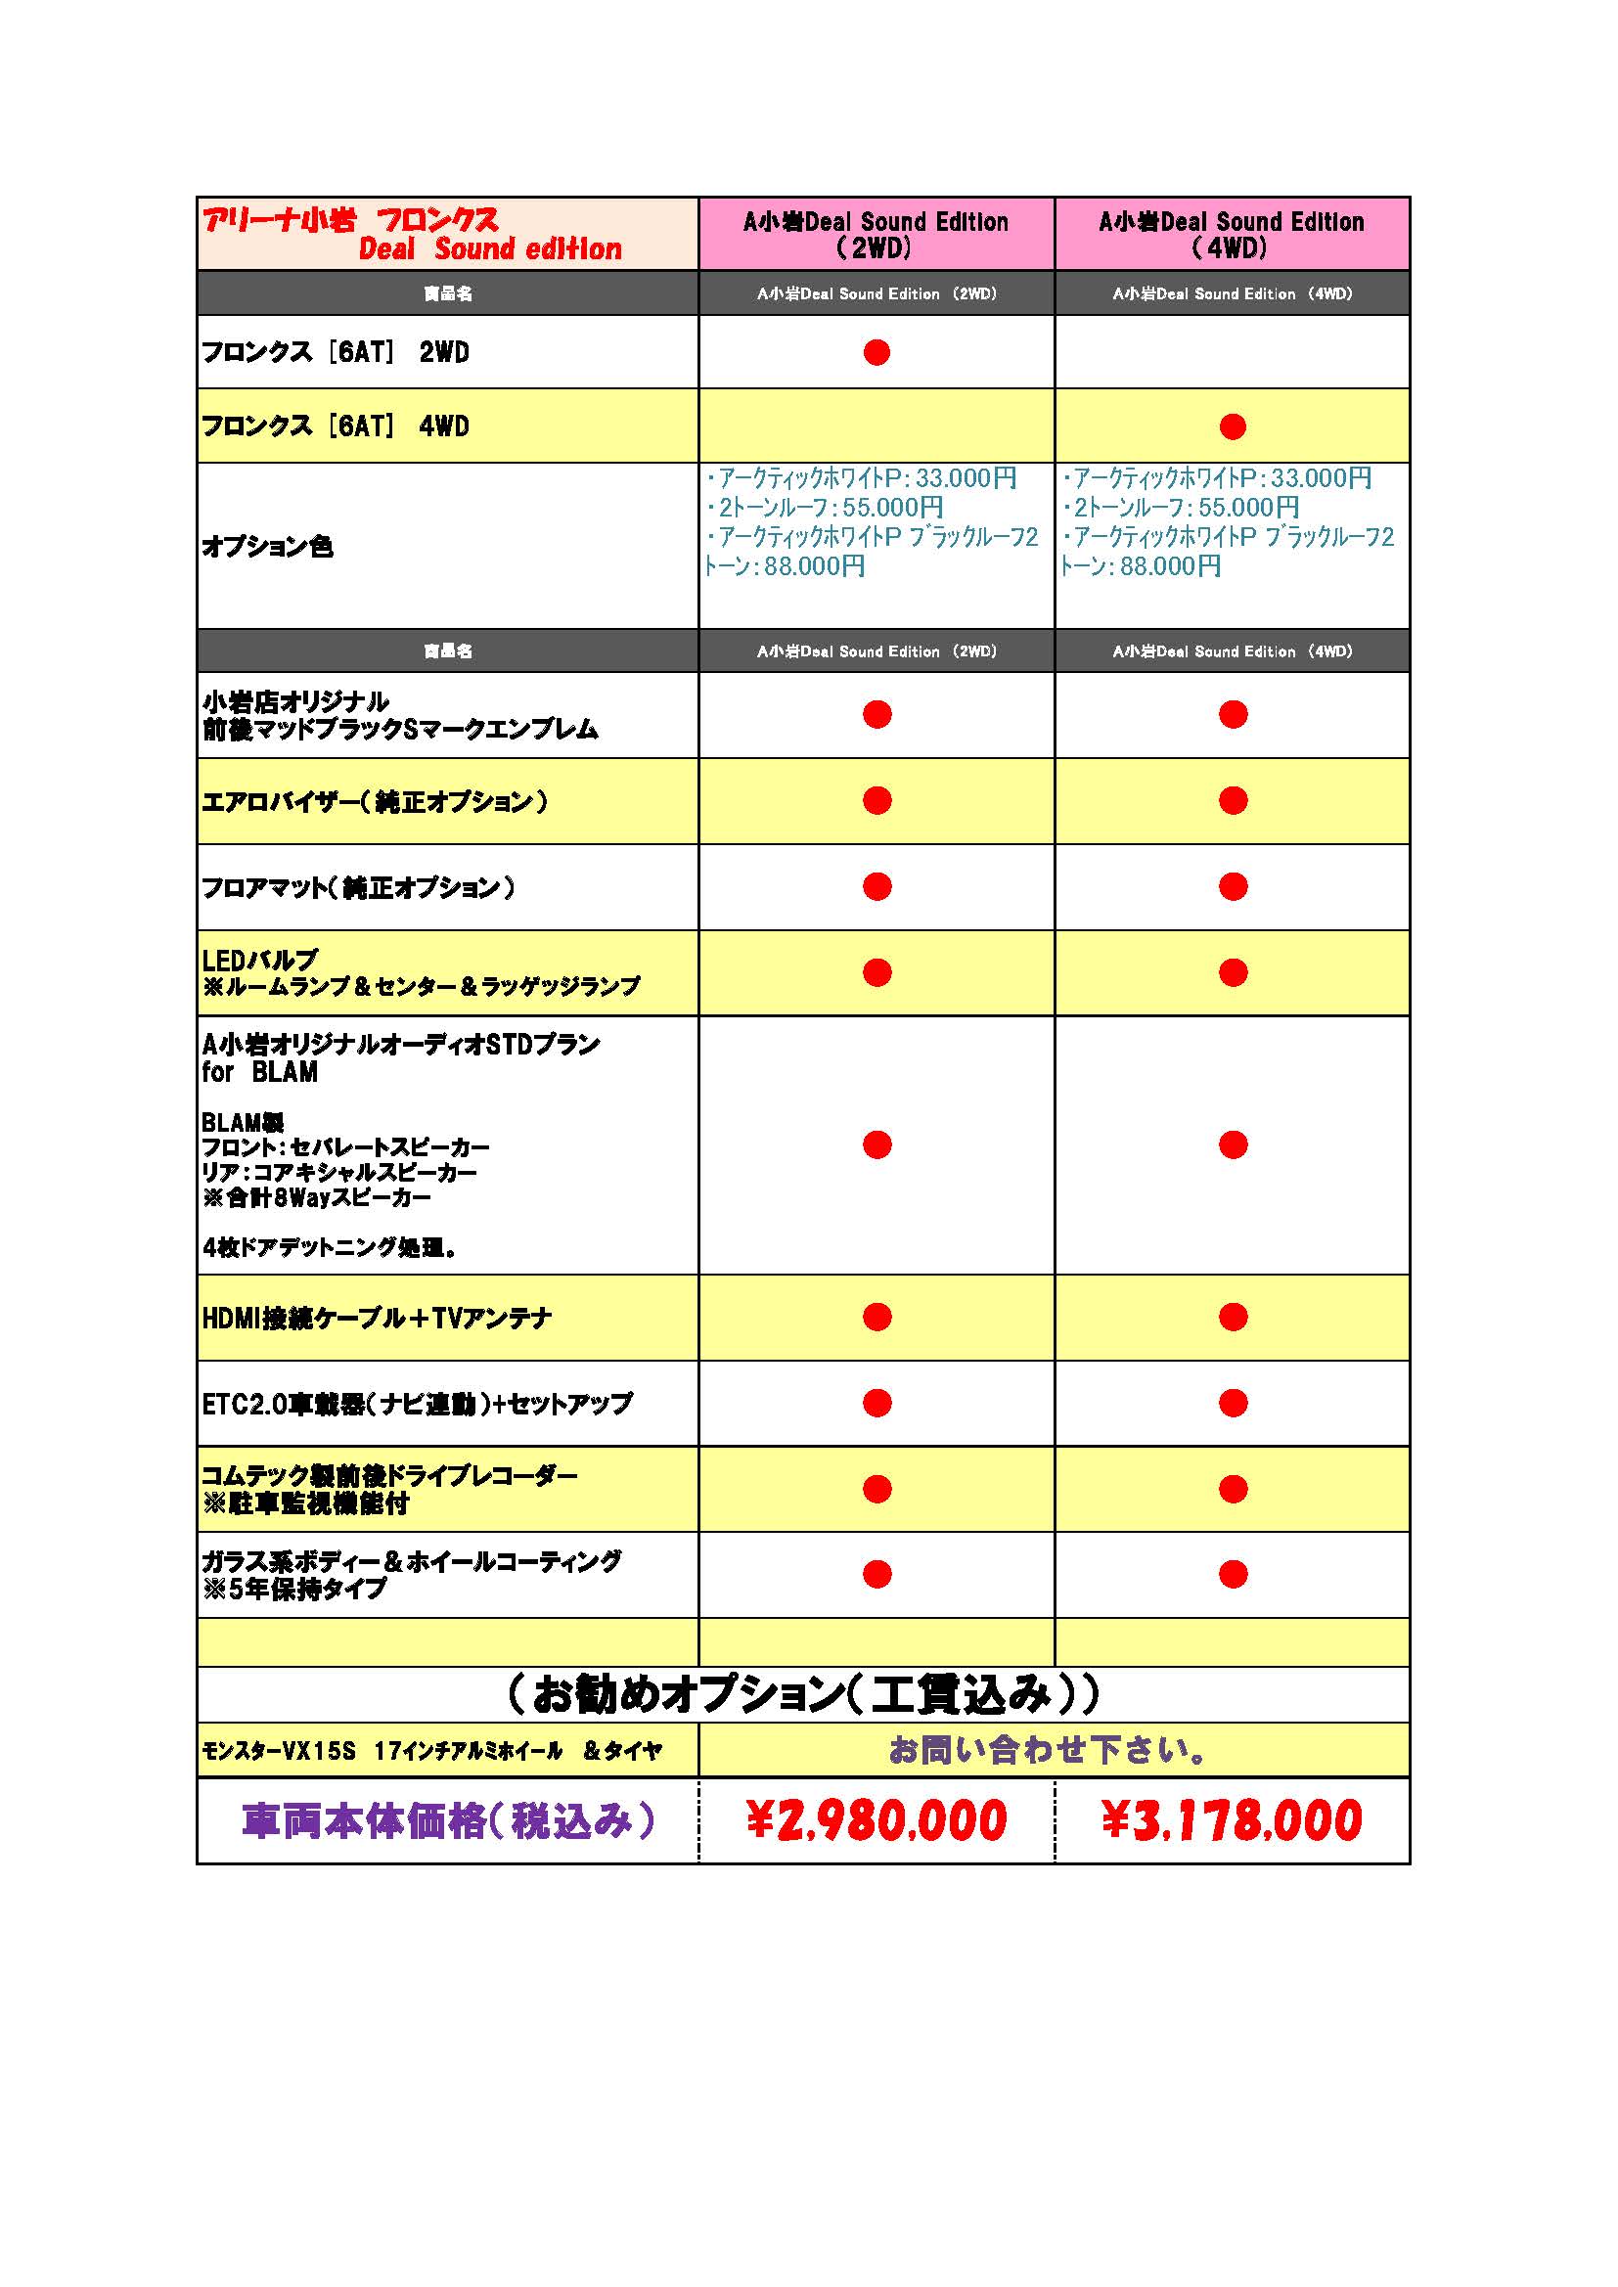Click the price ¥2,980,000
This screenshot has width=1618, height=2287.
(876, 1819)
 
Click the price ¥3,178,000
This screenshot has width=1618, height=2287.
(1232, 1819)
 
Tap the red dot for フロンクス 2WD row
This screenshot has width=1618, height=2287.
(876, 352)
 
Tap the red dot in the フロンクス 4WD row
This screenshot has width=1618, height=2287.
(1233, 426)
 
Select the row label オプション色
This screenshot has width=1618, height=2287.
(267, 546)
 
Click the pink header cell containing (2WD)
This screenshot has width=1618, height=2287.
(876, 234)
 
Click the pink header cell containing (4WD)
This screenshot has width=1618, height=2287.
(1232, 234)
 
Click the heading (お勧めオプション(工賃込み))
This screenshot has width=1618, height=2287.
(803, 1693)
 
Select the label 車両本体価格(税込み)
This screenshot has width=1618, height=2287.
(448, 1819)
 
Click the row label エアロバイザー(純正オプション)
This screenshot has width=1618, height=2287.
(375, 802)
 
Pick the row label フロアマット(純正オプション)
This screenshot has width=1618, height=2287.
(359, 887)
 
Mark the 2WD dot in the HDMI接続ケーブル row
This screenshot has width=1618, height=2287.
(876, 1317)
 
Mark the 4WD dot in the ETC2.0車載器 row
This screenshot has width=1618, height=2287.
(1233, 1403)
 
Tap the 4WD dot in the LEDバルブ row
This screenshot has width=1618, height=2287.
(1233, 972)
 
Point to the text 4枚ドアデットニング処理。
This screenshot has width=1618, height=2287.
(330, 1246)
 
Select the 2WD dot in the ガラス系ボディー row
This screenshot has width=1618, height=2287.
(876, 1574)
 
